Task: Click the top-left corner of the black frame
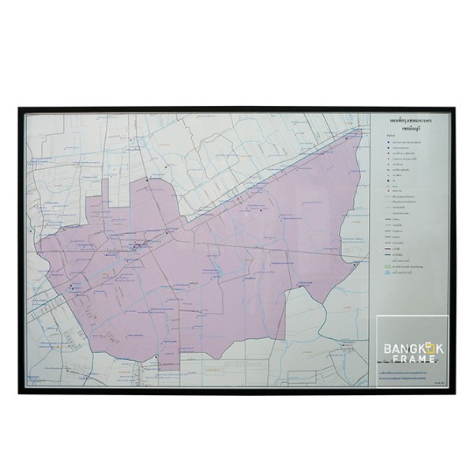pos(21,109)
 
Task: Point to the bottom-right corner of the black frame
pos(453,393)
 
